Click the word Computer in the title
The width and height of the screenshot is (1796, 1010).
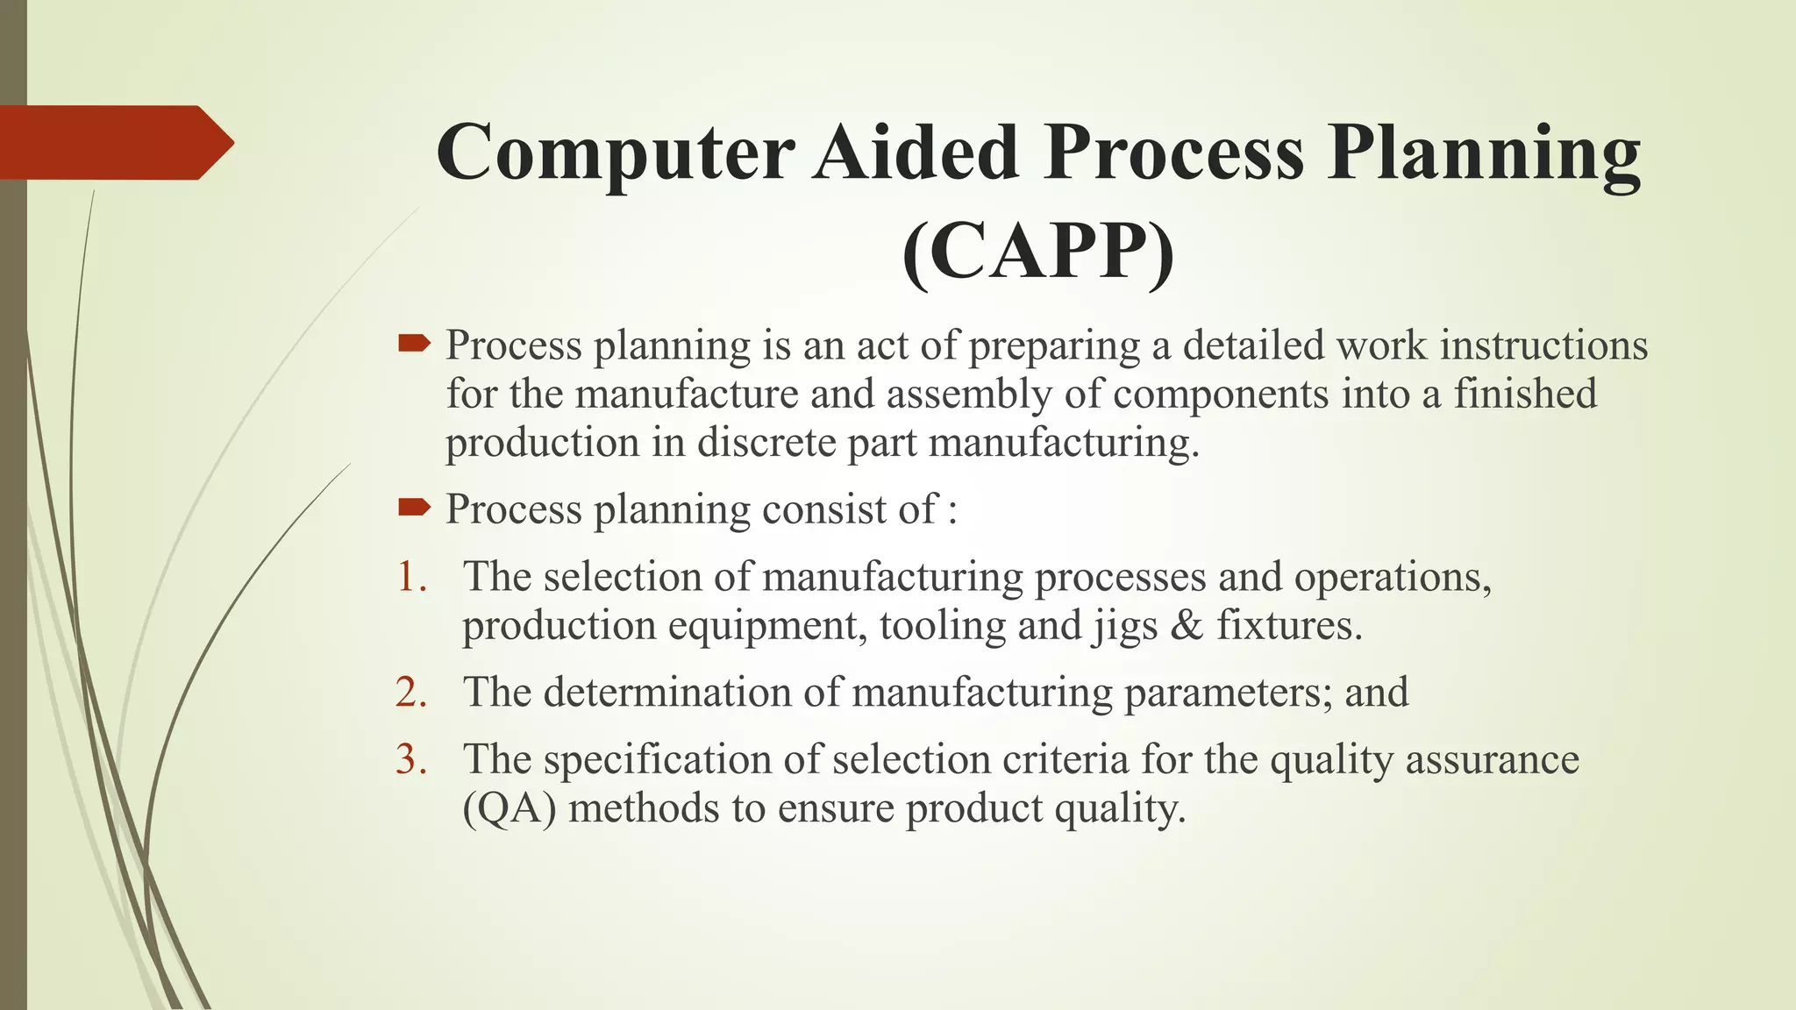616,153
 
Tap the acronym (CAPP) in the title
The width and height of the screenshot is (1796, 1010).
1038,252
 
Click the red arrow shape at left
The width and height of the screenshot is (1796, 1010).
114,142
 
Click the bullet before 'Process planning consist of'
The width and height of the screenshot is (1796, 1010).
414,507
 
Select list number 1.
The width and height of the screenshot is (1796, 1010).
411,577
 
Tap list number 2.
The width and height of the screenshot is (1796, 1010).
411,693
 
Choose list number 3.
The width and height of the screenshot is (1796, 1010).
411,759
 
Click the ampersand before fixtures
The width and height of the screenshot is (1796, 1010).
1187,626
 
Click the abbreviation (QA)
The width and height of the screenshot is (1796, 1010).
510,808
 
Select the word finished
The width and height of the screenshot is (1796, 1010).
1525,394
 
